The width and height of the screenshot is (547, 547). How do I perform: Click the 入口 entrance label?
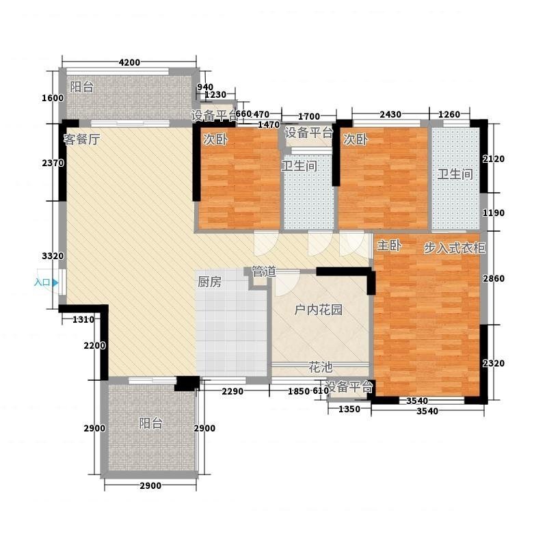[x=42, y=282]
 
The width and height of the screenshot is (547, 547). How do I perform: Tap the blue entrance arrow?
[x=55, y=282]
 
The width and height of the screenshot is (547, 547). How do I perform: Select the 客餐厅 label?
[x=81, y=139]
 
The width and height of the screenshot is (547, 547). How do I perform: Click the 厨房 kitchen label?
[x=209, y=282]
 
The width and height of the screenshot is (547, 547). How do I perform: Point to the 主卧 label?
[x=389, y=245]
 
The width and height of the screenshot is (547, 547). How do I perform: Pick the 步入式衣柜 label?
[x=454, y=248]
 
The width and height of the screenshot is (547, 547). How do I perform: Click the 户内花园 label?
[x=318, y=310]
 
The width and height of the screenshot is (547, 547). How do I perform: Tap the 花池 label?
[x=320, y=367]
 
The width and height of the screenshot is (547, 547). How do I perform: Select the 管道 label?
[x=264, y=271]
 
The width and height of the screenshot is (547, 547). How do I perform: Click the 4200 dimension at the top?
[x=129, y=62]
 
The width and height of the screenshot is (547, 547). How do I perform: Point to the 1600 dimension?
[x=53, y=98]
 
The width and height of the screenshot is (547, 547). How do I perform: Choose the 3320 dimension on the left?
[x=53, y=256]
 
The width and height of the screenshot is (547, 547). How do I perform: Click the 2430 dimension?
[x=390, y=114]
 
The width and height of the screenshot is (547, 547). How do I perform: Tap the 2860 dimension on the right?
[x=493, y=278]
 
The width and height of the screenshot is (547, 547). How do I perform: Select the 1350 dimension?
[x=349, y=409]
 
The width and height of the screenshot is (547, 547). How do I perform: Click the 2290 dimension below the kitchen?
[x=232, y=391]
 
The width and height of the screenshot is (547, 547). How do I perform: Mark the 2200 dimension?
[x=94, y=346]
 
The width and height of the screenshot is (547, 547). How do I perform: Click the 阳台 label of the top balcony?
[x=81, y=87]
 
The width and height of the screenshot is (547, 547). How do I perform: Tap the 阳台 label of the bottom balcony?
[x=150, y=423]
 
